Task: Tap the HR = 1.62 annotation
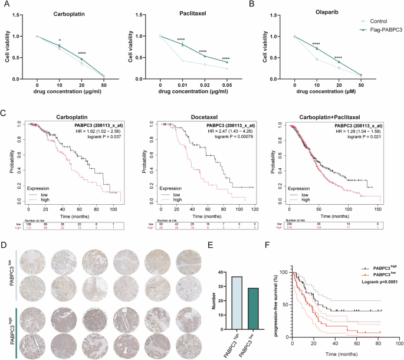coord(97,132)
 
